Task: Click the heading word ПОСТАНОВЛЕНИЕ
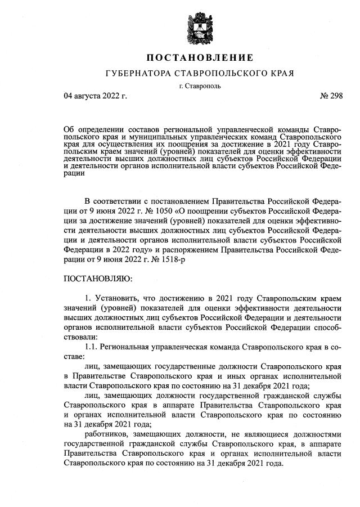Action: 200,58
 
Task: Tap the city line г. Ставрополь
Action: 200,86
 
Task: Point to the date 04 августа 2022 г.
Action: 96,96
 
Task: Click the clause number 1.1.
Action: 91,347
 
